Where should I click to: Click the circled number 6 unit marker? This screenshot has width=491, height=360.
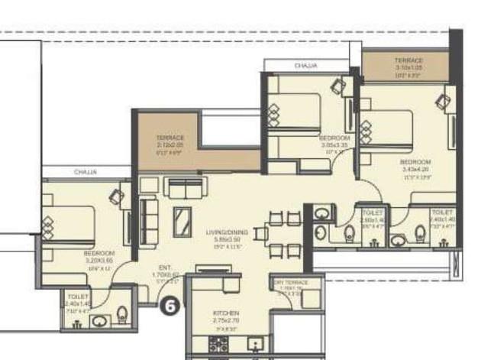[170, 304]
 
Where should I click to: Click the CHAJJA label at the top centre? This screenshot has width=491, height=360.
[305, 66]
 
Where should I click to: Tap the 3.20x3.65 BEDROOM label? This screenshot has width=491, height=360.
[99, 255]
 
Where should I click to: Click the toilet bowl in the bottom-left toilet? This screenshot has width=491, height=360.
[123, 313]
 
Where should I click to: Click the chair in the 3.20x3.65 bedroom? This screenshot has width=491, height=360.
[116, 196]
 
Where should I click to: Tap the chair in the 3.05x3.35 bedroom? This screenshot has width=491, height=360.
[337, 86]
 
